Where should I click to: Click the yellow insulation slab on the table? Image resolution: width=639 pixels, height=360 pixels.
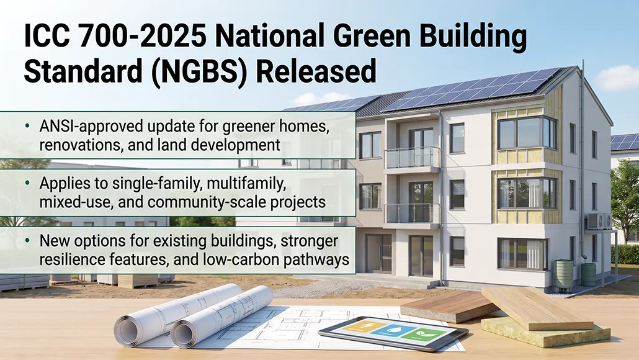tap(546, 333)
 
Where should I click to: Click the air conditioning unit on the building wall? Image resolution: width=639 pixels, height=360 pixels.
tap(597, 221)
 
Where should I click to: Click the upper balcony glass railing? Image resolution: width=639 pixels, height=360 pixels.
tap(412, 157)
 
